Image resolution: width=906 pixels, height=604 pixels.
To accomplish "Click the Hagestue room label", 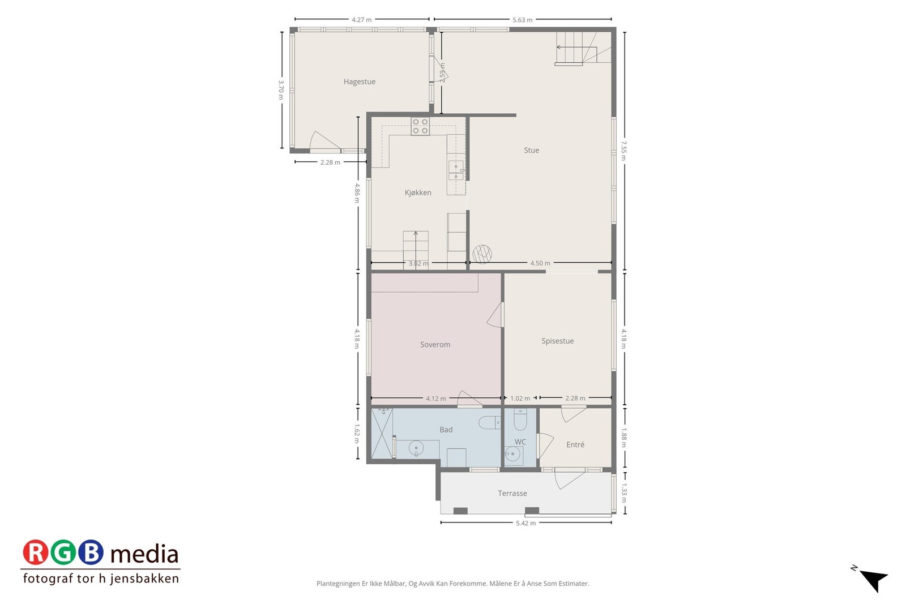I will pos(359,82).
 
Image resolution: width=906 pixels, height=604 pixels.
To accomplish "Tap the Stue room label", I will pos(531,150).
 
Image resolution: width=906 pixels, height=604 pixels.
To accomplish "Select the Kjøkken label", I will pos(418,192).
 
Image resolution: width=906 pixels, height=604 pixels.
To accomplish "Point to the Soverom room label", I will pos(435,344).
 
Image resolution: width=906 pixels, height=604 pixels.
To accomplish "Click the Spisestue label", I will pos(557,341).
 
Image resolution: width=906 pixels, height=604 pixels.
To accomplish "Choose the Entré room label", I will pos(575,444).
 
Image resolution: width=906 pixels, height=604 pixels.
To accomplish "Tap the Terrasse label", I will pos(512,493).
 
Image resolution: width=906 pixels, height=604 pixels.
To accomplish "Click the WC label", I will pos(520,442).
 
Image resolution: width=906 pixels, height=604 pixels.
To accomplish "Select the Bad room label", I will pos(446,430).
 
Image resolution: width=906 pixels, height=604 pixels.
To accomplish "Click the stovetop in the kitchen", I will pos(420,126).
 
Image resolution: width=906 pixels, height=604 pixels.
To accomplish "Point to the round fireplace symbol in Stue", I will pos(482,254).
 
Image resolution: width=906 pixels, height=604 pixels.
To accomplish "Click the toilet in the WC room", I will pos(520,421).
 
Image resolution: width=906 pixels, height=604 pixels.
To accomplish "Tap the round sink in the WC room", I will pos(513,454).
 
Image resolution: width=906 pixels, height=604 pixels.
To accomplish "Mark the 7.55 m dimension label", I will pos(623,151).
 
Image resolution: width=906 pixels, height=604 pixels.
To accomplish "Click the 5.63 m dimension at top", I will pos(522,20).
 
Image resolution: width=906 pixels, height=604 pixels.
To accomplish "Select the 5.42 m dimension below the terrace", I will pos(525,523).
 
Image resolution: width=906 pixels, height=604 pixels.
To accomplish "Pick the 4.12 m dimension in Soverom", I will pos(435,399).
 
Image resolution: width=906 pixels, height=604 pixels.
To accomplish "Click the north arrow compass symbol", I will pos(873,579).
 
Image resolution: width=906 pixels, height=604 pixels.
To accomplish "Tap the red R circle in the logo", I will pos(36,552).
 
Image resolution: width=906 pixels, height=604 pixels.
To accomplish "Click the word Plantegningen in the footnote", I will pos(339,583).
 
